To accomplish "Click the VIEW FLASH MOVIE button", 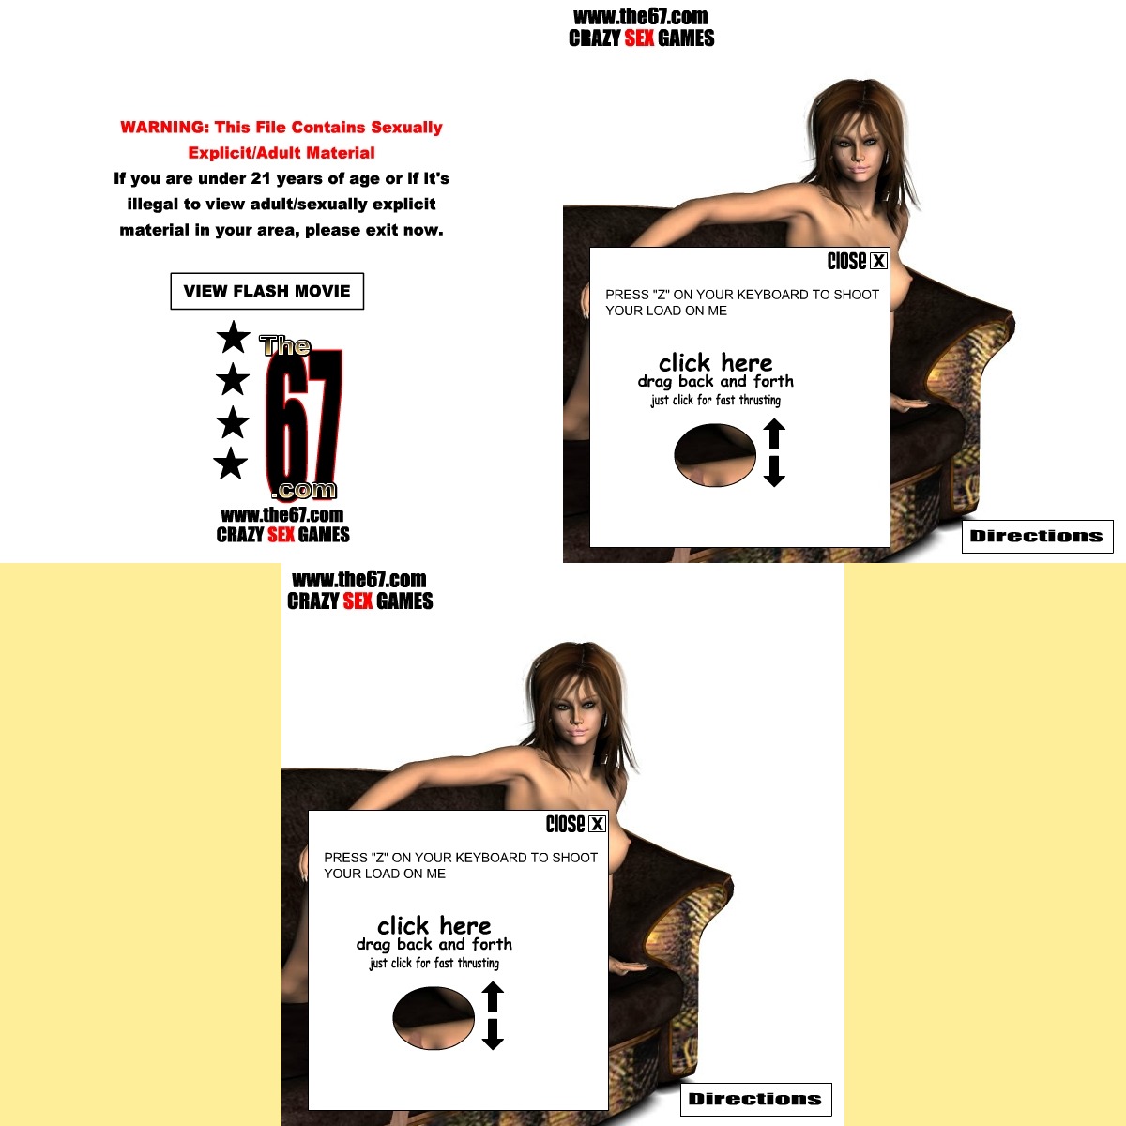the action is (267, 291).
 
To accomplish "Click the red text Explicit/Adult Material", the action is (281, 153).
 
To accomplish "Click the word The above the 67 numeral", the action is (284, 346).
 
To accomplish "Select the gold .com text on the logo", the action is (304, 490).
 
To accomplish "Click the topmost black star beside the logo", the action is (233, 337).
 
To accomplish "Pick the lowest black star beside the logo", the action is (230, 464).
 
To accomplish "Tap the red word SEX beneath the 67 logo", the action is (281, 535).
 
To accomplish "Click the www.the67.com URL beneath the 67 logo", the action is (282, 515).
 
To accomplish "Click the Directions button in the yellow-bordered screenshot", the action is (755, 1099).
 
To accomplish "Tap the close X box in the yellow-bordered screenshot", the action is (597, 824).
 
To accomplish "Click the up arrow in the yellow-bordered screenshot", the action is (493, 997).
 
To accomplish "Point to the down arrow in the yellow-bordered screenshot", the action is (493, 1034).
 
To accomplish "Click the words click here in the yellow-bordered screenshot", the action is (434, 926).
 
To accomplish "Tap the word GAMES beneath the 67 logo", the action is (324, 535).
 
